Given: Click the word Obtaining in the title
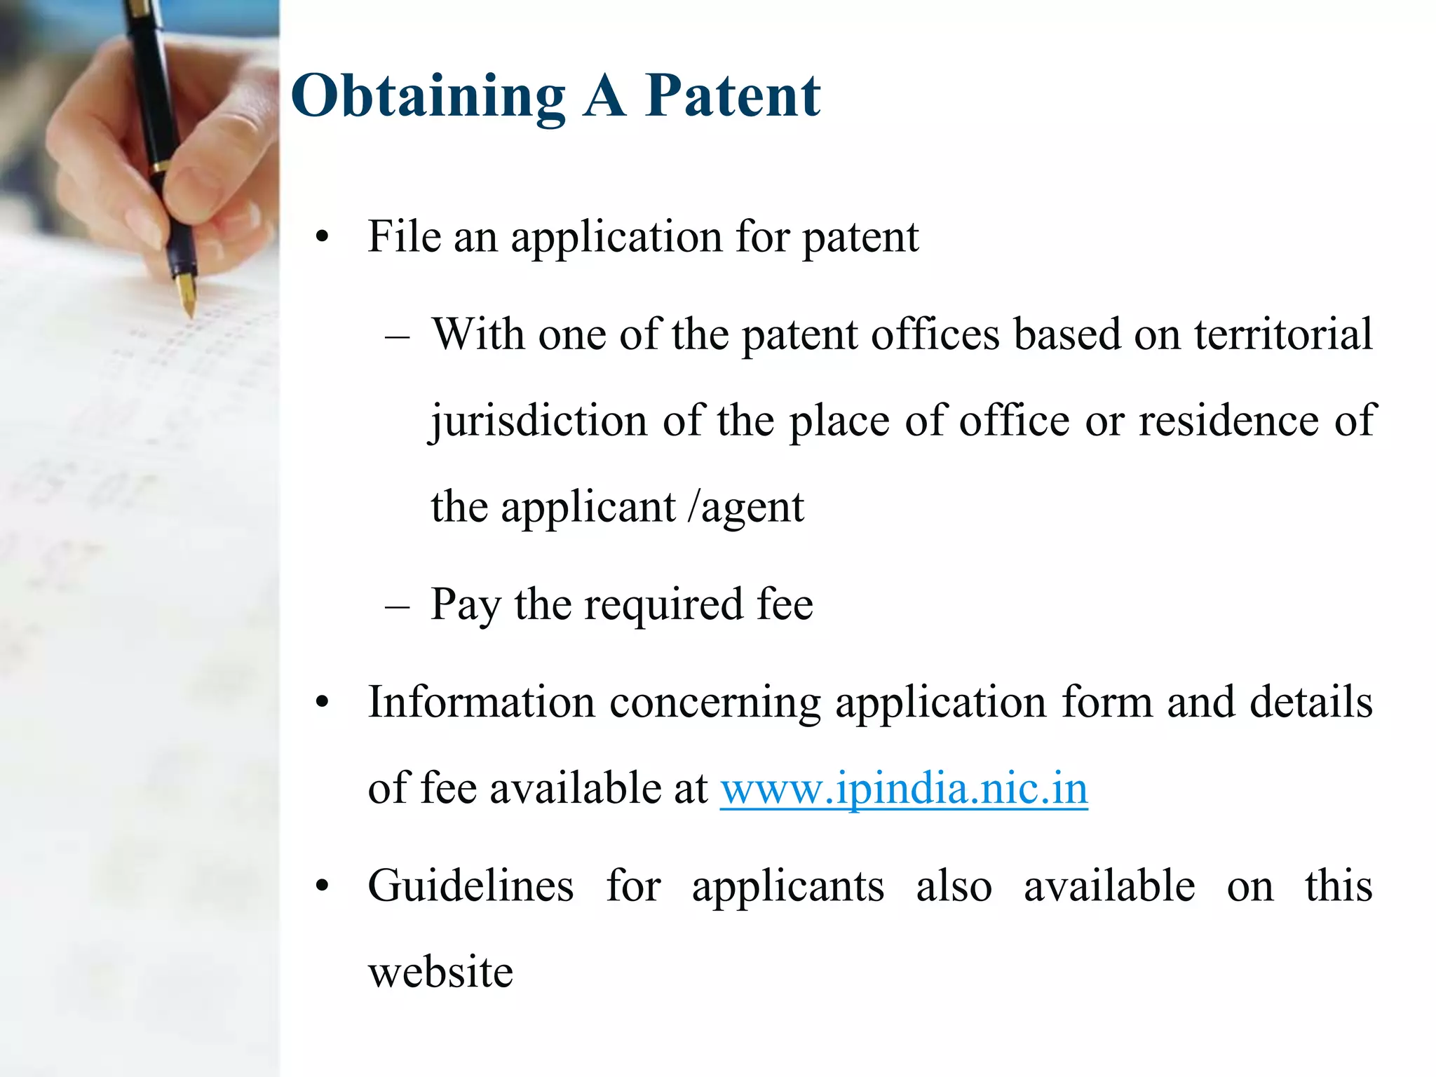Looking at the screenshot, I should (428, 96).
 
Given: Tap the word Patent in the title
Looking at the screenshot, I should (732, 96).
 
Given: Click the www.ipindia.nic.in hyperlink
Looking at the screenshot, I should (904, 789).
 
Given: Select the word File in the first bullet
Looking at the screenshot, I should (403, 236).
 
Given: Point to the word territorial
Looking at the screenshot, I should (1283, 334).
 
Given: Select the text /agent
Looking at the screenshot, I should (746, 507).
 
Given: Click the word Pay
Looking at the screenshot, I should (465, 604).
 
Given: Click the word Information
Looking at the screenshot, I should (481, 702).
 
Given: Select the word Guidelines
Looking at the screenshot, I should (470, 886).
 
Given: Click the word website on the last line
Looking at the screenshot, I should (440, 973).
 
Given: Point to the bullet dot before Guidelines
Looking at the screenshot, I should (322, 886).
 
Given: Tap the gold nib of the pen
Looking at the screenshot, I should (187, 294).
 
